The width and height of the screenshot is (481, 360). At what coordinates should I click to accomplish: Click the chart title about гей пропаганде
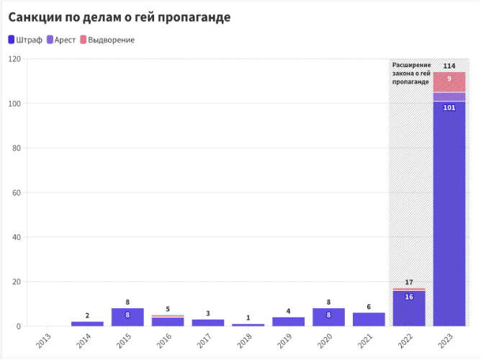tap(119, 17)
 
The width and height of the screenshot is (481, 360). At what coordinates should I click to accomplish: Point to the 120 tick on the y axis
tap(13, 59)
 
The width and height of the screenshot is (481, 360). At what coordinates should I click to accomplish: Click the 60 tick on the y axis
tap(15, 193)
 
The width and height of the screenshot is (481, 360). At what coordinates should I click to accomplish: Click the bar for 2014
tap(87, 324)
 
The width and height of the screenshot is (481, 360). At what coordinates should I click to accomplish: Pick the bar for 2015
tap(127, 318)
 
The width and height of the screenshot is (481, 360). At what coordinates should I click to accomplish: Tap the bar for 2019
tap(288, 322)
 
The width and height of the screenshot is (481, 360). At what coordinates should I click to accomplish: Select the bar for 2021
tap(369, 320)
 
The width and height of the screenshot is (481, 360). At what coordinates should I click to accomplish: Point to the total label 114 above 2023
tap(449, 66)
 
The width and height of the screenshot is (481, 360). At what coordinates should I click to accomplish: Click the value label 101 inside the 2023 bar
tap(449, 108)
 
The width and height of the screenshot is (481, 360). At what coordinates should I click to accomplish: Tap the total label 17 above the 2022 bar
tap(409, 282)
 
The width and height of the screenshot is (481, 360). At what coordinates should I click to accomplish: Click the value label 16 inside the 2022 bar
tap(409, 297)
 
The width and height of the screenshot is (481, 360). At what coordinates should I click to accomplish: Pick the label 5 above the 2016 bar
tap(168, 309)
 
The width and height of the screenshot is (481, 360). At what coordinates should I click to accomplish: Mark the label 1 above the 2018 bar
tap(248, 318)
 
